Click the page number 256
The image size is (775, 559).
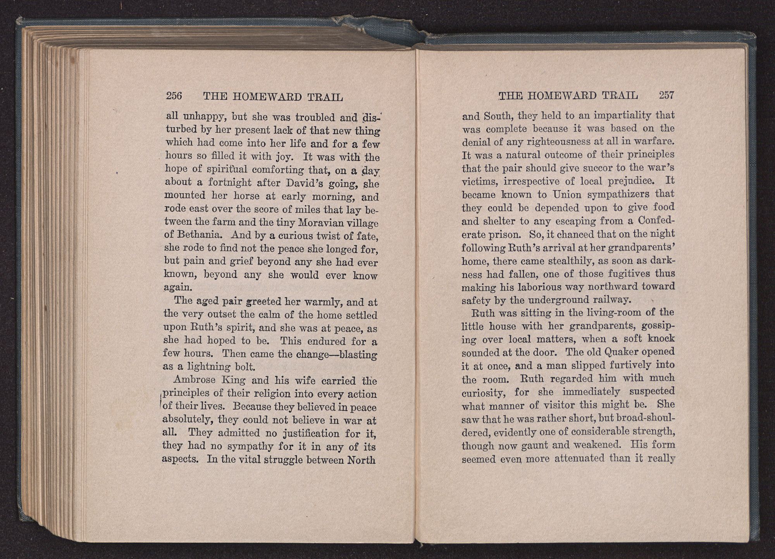coord(174,96)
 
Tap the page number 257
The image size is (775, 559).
coord(666,95)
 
